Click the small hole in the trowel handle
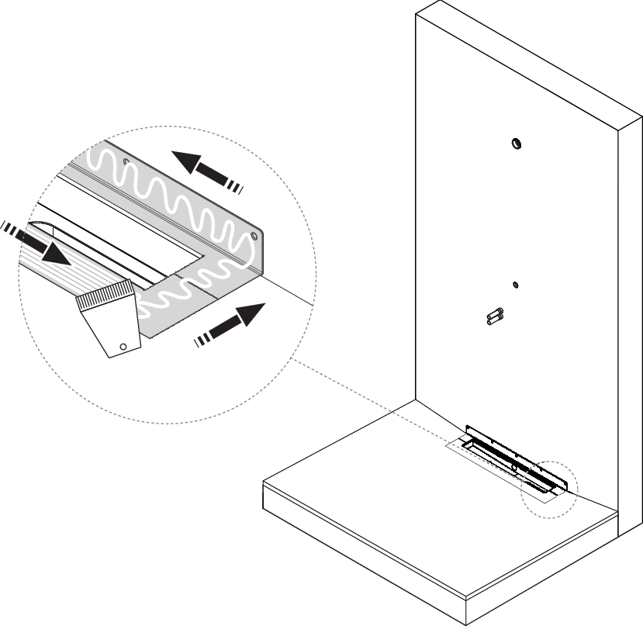coord(121,345)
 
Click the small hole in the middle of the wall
coord(515,285)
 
